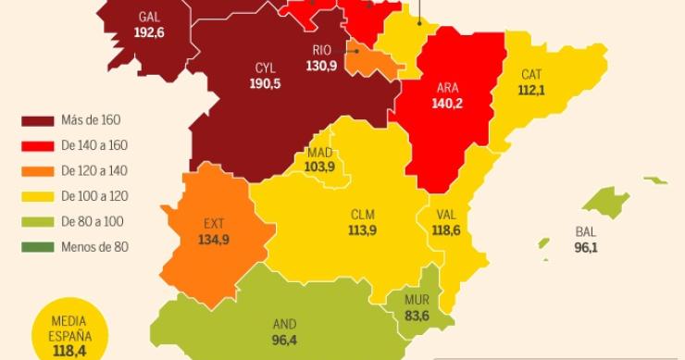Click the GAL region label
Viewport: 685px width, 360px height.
pyautogui.click(x=149, y=17)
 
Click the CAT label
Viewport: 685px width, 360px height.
pyautogui.click(x=531, y=74)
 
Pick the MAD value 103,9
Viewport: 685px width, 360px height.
pyautogui.click(x=319, y=167)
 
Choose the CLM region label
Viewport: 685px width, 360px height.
pyautogui.click(x=362, y=215)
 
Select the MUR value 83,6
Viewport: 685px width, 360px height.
pyautogui.click(x=416, y=316)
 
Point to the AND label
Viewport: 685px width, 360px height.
pyautogui.click(x=284, y=325)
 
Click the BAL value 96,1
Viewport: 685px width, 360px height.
pyautogui.click(x=585, y=248)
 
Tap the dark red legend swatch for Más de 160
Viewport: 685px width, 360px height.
pyautogui.click(x=37, y=120)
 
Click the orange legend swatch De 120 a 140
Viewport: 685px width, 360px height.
pyautogui.click(x=37, y=171)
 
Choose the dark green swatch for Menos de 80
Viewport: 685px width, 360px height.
pyautogui.click(x=37, y=247)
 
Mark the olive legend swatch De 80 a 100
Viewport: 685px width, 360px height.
pyautogui.click(x=37, y=222)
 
